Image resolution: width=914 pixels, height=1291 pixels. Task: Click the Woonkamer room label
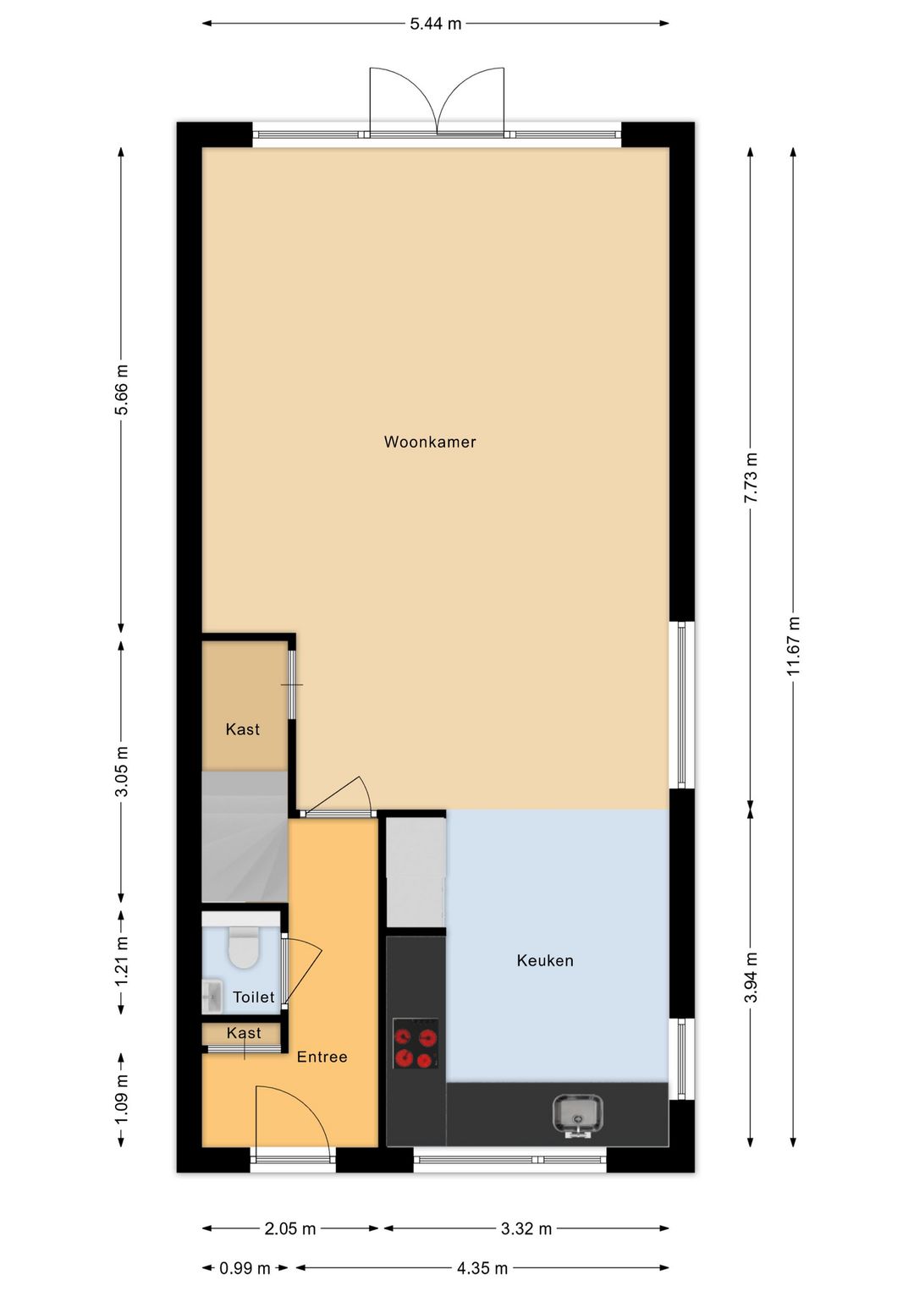tap(430, 442)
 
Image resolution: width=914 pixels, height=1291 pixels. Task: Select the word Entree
tap(322, 1057)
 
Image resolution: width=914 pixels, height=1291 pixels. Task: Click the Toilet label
tap(254, 997)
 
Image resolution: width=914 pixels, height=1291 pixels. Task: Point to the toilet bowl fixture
tap(244, 947)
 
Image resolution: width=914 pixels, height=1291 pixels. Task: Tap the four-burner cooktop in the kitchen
tap(416, 1043)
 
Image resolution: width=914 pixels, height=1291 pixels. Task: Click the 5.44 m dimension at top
tap(435, 24)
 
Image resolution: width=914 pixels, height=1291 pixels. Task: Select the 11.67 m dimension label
tap(794, 646)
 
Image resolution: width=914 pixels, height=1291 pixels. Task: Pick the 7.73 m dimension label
tap(751, 478)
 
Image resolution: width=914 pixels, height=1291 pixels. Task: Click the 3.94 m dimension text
tap(751, 977)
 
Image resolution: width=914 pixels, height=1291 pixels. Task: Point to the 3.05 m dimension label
tap(122, 771)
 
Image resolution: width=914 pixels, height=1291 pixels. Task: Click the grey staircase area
tap(245, 836)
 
